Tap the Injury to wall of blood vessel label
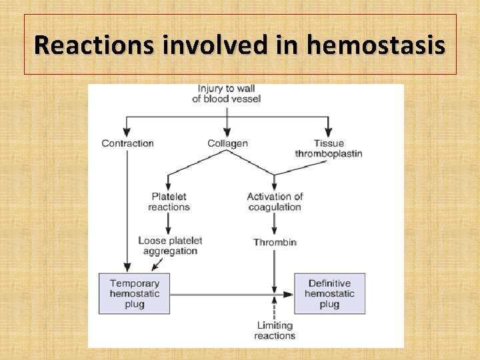click(x=227, y=93)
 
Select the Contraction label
click(x=127, y=143)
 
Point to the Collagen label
click(x=227, y=143)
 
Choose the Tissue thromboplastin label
click(x=329, y=148)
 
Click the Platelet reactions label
click(x=169, y=201)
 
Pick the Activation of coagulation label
click(x=275, y=201)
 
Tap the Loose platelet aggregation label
click(x=170, y=245)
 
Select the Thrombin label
click(x=275, y=243)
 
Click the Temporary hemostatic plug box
click(x=134, y=293)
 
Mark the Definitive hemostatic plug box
click(x=329, y=293)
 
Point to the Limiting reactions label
click(x=275, y=330)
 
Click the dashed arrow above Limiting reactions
click(x=275, y=308)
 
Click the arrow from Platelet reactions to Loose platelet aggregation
click(x=169, y=224)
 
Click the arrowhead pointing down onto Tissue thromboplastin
click(x=329, y=133)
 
